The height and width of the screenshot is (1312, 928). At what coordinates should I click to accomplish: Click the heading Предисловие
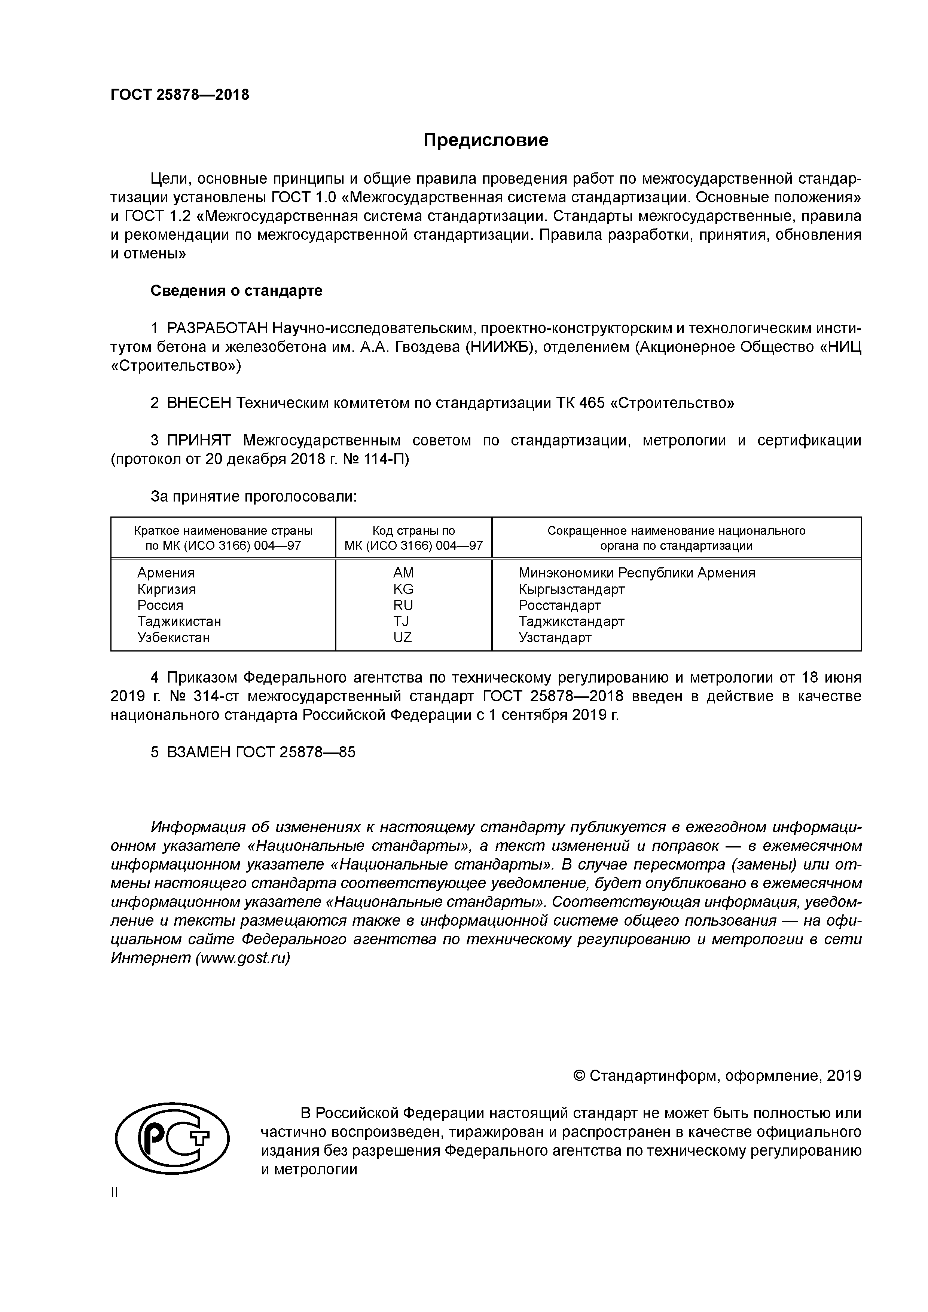(x=485, y=140)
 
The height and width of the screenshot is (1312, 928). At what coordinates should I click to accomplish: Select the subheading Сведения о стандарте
(x=236, y=291)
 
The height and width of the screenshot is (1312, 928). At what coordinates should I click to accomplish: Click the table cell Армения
(x=166, y=573)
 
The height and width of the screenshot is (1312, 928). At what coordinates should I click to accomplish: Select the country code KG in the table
(x=403, y=589)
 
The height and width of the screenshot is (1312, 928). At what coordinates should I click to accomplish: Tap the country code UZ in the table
(x=403, y=637)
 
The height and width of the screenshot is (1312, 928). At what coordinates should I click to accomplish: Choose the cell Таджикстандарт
(x=571, y=621)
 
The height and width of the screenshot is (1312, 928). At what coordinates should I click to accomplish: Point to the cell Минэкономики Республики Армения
(x=637, y=573)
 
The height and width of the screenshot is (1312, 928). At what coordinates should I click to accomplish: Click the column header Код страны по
(x=413, y=531)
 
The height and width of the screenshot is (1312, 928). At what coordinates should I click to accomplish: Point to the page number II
(x=115, y=1192)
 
